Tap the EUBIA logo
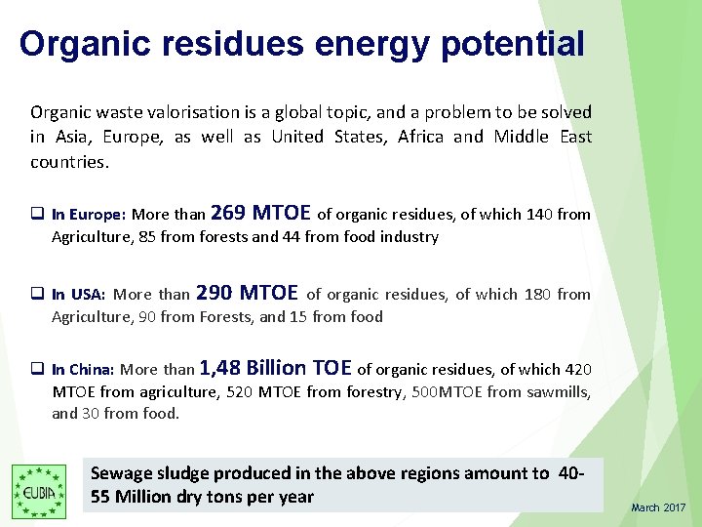pos(39,491)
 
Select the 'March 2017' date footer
pos(658,507)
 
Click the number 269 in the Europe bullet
pos(227,213)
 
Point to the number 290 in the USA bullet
pos(214,293)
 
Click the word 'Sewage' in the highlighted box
pos(121,473)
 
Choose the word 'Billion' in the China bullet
pos(277,368)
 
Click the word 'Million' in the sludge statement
pos(149,496)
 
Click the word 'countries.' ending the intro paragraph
pos(69,161)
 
